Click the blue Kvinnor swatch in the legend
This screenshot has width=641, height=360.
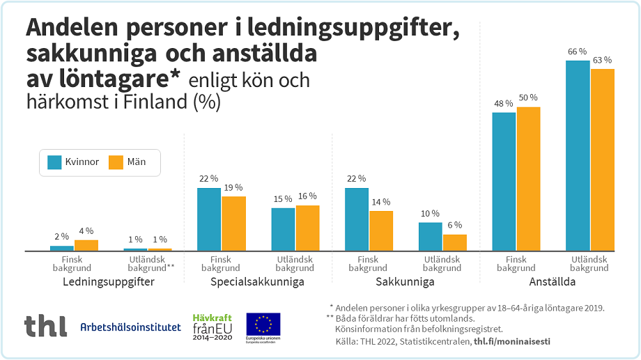pos(55,162)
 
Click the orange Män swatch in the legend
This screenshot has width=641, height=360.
pos(116,162)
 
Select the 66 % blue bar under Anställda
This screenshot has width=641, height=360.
pos(578,156)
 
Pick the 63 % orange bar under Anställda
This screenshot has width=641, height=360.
pos(603,159)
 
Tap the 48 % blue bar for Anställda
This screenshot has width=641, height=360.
pos(504,181)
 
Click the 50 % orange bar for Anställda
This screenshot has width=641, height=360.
pos(529,179)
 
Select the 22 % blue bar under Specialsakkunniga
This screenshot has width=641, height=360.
pos(209,219)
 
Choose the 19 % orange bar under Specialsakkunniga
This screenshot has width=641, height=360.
pos(234,224)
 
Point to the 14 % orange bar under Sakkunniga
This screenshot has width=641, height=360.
pos(381,230)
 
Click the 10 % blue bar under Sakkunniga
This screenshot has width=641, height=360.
pos(430,237)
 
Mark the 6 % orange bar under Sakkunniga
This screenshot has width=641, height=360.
pos(455,242)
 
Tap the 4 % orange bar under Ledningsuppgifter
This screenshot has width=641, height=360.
pos(86,245)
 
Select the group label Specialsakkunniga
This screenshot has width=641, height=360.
pos(257,282)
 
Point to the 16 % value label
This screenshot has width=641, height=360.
pos(307,197)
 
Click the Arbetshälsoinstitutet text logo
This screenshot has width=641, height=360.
pos(130,327)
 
